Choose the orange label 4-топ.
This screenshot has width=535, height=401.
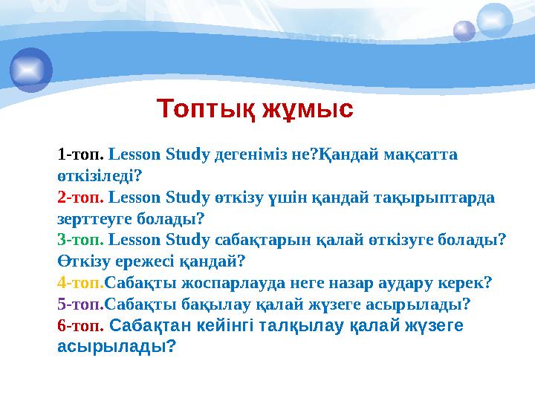(81, 282)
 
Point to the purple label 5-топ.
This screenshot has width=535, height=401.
(81, 304)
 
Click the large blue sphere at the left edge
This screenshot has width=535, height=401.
(30, 69)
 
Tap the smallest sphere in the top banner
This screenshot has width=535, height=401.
(464, 30)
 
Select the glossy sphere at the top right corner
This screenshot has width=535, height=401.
(495, 19)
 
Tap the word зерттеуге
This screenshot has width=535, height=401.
(94, 219)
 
